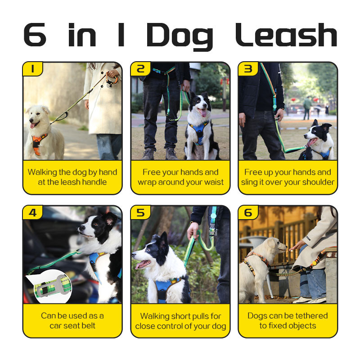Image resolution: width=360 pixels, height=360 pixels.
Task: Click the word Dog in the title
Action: [x=180, y=37]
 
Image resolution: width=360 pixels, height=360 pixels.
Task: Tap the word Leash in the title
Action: [x=286, y=35]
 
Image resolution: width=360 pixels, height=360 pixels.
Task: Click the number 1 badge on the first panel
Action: [x=32, y=69]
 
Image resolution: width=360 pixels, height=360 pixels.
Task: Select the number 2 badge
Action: [x=140, y=69]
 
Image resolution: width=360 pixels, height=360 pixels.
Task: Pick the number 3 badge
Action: [x=248, y=69]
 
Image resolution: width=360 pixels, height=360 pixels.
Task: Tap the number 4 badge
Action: [x=32, y=212]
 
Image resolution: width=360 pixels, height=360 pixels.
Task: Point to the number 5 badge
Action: [x=140, y=212]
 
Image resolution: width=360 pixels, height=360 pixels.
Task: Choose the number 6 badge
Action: [x=248, y=212]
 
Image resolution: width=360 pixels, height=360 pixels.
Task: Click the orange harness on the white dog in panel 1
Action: [x=38, y=143]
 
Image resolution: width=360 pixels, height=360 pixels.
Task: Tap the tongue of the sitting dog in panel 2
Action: [x=203, y=112]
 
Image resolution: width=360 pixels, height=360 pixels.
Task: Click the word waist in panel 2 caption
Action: [x=214, y=182]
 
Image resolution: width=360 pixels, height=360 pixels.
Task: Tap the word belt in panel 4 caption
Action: [x=88, y=325]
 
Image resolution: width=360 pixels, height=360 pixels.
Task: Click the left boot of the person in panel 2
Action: [x=148, y=154]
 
